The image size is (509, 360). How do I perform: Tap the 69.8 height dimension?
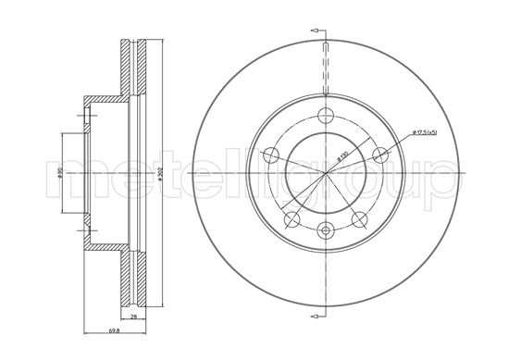(88, 330)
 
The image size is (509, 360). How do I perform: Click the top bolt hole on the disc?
(327, 116)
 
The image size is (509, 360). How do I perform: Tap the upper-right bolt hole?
(380, 155)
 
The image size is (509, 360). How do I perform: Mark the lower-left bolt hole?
(292, 218)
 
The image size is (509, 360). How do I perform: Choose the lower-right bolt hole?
(360, 218)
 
